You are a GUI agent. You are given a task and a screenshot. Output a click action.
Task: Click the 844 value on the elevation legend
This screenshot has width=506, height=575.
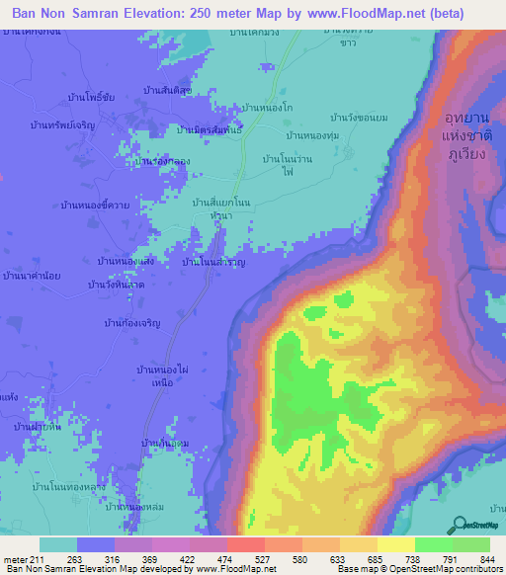tap(486, 558)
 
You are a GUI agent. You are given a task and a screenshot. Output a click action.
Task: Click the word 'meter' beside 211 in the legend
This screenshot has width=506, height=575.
tap(17, 558)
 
